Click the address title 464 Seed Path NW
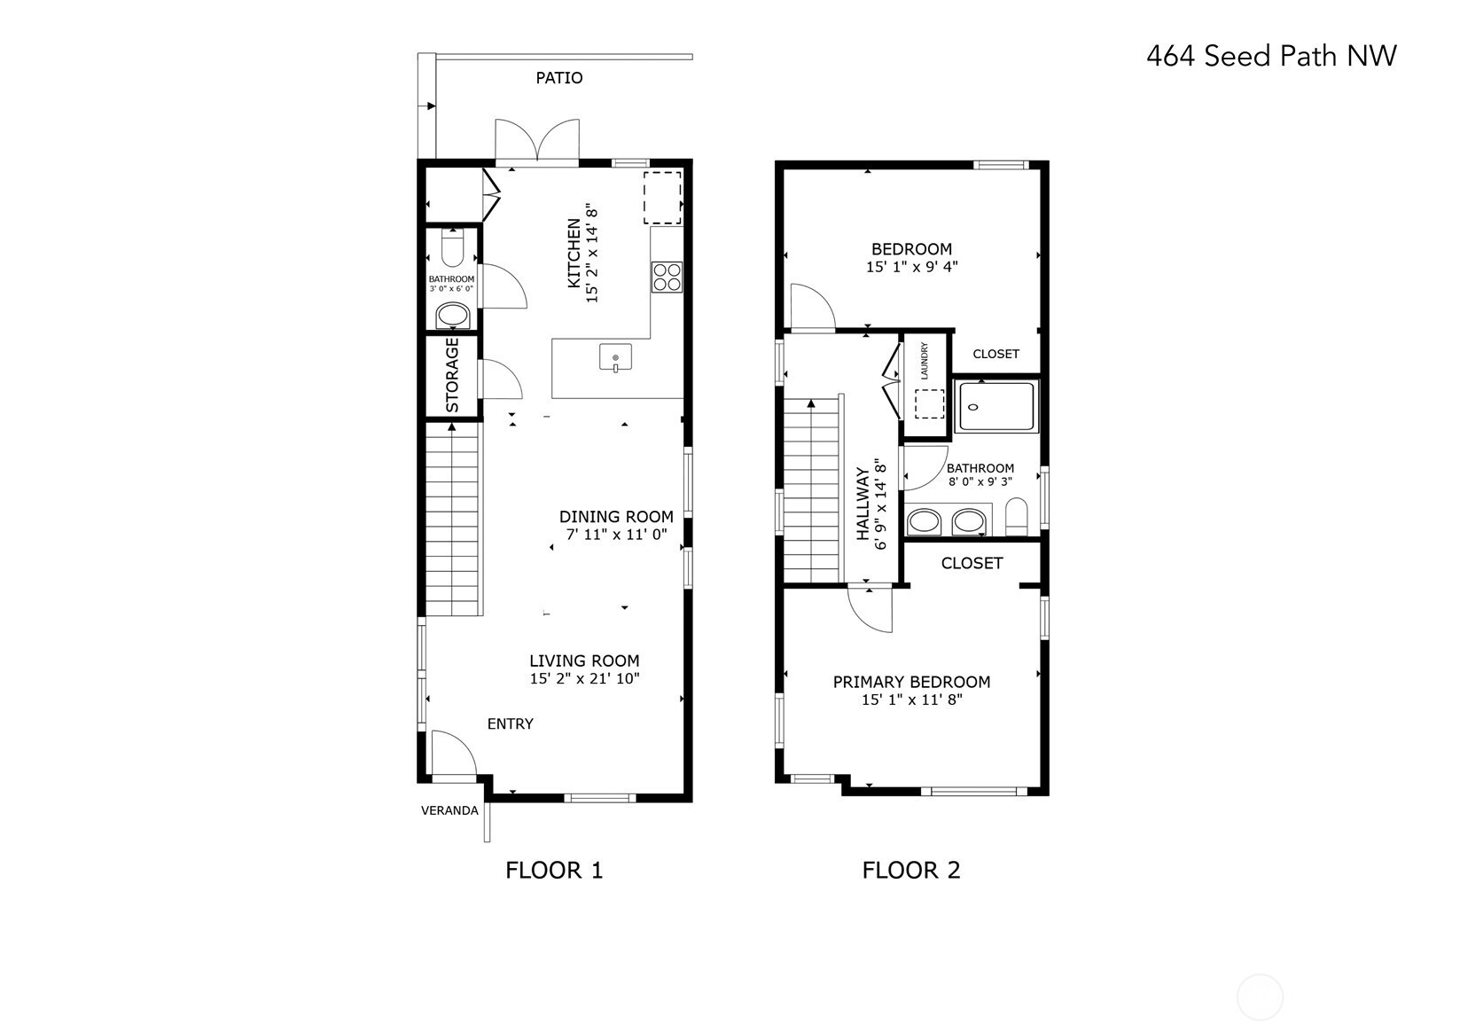coord(1271,56)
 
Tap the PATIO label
coord(559,78)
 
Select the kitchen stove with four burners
coord(667,278)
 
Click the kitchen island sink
coord(615,357)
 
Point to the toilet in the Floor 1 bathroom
coord(452,247)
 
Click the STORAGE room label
coord(452,376)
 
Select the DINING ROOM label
coord(616,517)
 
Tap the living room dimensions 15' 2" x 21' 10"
coord(585,678)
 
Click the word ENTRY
coord(511,723)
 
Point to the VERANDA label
coord(449,811)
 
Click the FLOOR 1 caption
coord(554,871)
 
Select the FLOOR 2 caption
coord(911,871)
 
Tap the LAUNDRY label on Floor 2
coord(924,361)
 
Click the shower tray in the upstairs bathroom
coord(995,408)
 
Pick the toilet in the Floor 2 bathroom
coord(1016,517)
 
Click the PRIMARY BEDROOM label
coord(911,683)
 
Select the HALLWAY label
coord(863,504)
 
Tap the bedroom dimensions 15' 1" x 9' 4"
coord(911,267)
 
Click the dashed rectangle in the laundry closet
coord(929,404)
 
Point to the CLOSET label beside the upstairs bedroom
coord(995,354)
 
